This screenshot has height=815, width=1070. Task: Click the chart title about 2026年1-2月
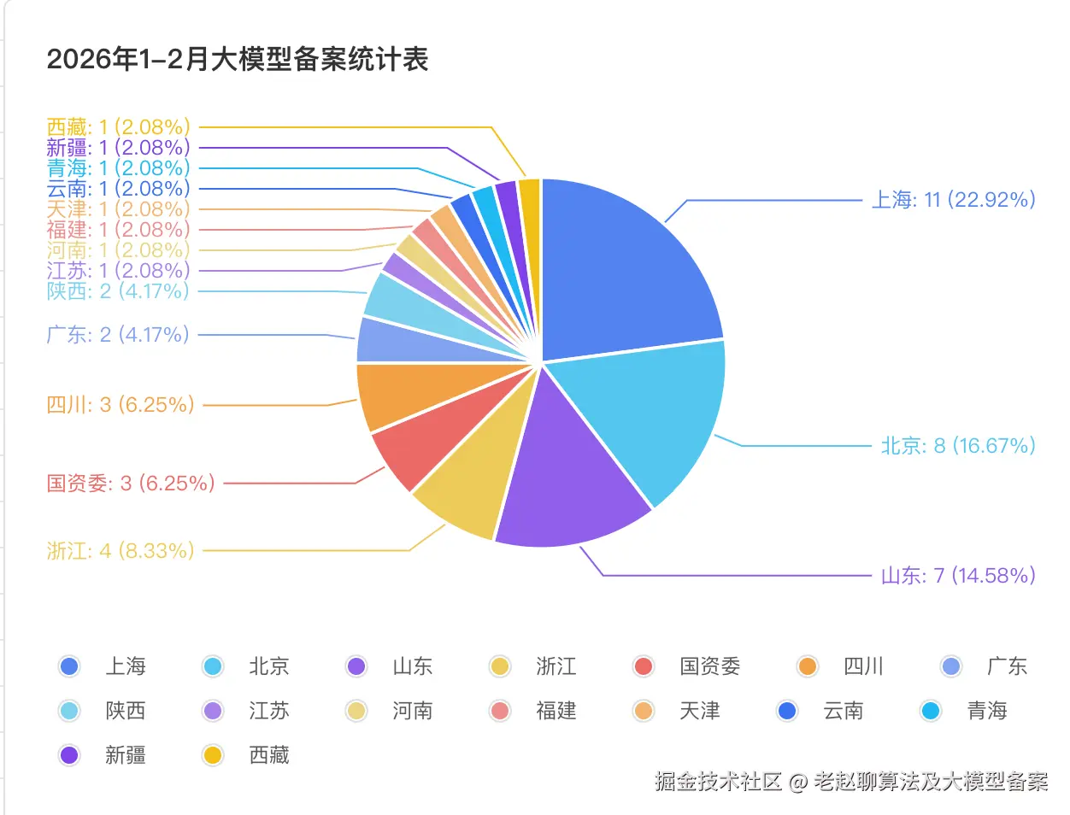tap(238, 59)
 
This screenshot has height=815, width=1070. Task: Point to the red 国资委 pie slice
tap(427, 436)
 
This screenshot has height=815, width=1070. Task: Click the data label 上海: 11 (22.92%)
tap(953, 200)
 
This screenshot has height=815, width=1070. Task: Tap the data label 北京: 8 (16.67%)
tap(958, 446)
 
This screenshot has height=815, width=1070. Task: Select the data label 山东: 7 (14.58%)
tap(958, 576)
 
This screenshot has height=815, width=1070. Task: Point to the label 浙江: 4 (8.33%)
tap(121, 551)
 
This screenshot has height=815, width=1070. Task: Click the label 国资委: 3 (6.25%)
tap(131, 484)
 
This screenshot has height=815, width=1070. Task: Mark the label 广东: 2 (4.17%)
tap(118, 334)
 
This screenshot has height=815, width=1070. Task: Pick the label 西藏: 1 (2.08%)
tap(118, 127)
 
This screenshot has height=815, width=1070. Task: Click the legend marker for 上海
tap(69, 666)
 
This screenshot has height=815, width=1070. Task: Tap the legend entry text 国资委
tap(710, 666)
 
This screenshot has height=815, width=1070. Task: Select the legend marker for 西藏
tap(213, 755)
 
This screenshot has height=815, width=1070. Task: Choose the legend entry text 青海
tap(987, 711)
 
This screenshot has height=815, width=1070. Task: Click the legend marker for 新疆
tap(69, 755)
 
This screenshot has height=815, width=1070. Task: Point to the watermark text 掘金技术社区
tap(718, 782)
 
